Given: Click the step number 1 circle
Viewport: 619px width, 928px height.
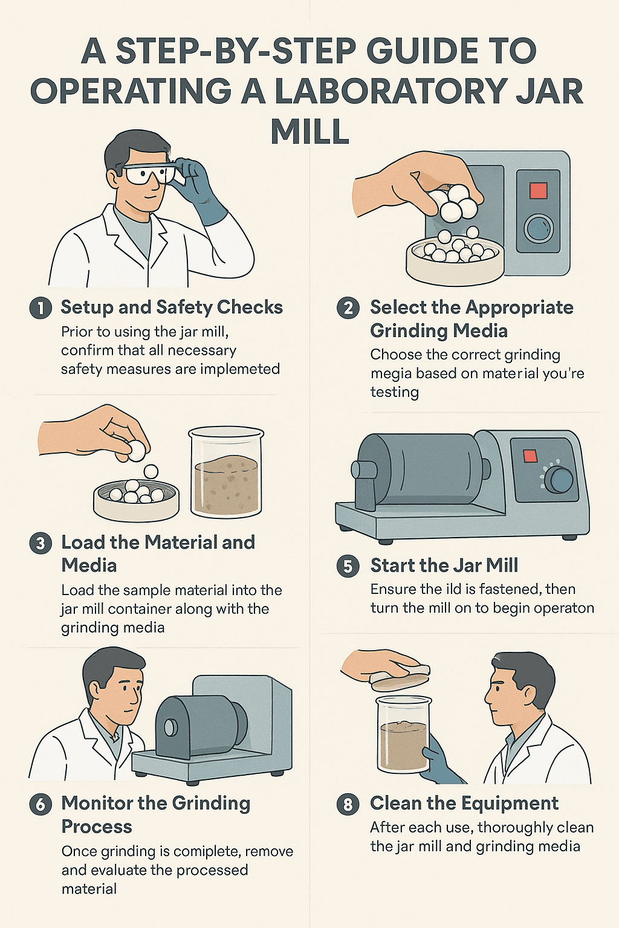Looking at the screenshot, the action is (x=41, y=308).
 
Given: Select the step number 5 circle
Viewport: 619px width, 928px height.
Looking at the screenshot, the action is (x=348, y=566).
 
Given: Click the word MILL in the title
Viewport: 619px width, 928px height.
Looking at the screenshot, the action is (x=309, y=131).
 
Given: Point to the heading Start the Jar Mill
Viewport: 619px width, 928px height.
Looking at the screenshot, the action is (x=444, y=565).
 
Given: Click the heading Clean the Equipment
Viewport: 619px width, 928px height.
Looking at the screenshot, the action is (x=464, y=804).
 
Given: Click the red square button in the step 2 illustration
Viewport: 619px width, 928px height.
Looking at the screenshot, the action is (x=538, y=190).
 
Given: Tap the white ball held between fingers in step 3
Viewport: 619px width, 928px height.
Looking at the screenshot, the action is (x=135, y=450).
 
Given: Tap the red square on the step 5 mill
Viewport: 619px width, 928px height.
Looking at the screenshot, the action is (x=530, y=456).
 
